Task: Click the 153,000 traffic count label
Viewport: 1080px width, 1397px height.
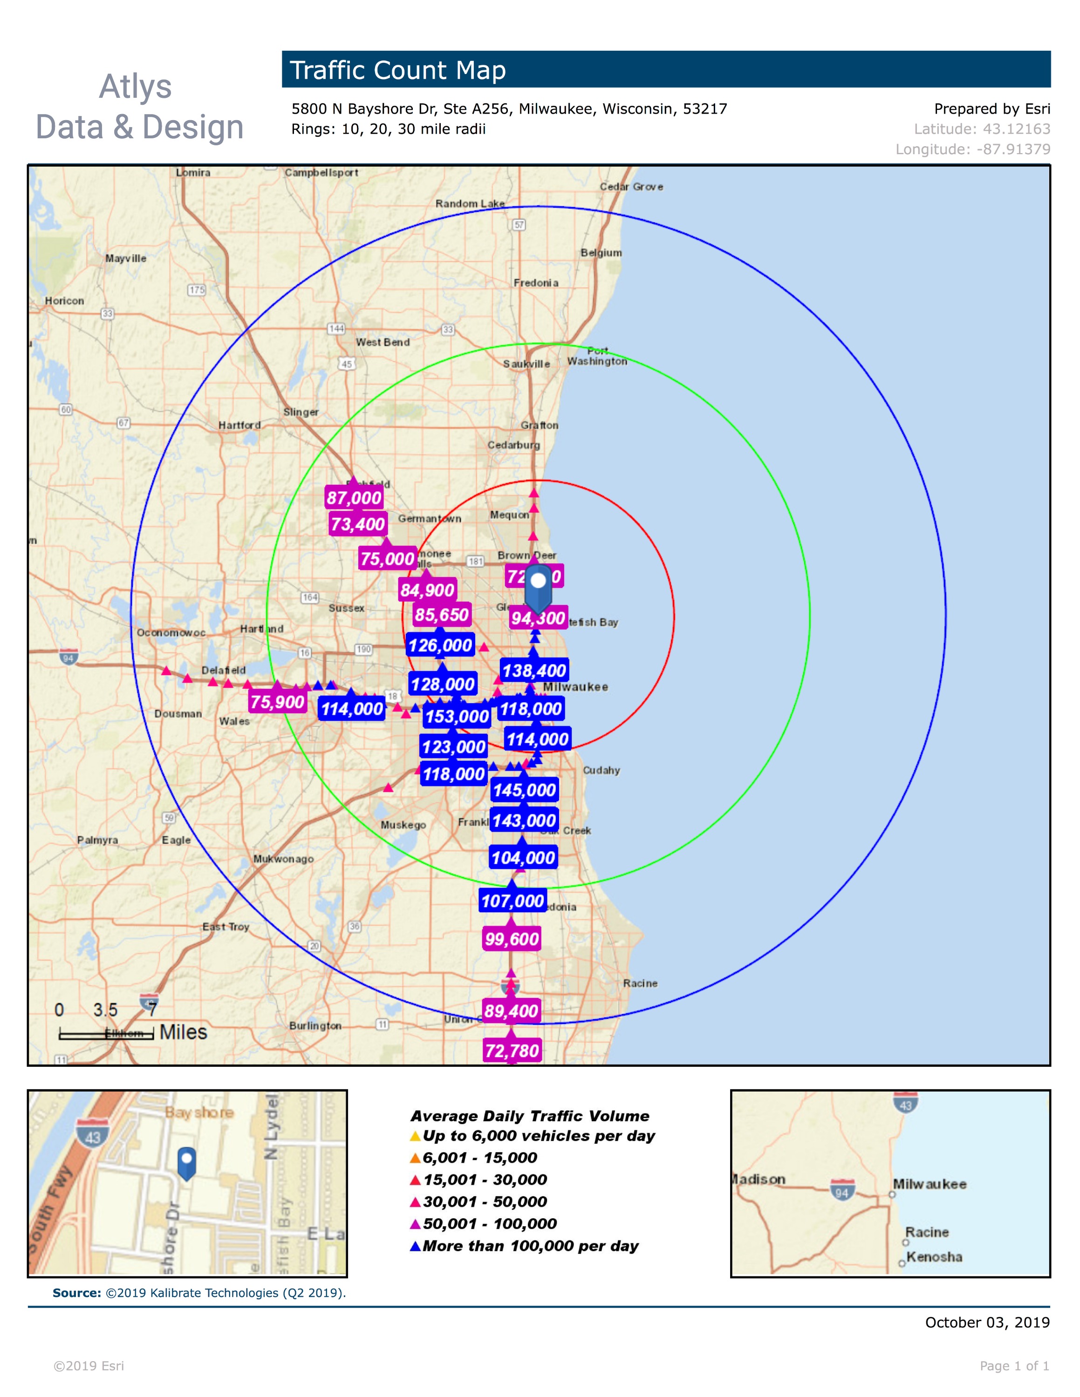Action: [457, 716]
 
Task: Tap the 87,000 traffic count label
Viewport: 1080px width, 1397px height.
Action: [354, 498]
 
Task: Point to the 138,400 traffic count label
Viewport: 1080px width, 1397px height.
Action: [534, 671]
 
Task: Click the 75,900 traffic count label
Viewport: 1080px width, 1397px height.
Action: [277, 702]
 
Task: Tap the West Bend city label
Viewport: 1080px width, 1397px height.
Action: [383, 342]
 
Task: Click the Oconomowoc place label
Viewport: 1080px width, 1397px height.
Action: [171, 633]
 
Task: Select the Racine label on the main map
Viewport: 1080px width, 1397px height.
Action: [640, 983]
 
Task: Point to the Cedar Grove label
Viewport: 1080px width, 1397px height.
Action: [631, 187]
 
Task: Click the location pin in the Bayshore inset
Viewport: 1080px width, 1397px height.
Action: [186, 1162]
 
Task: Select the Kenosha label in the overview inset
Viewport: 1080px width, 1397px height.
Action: [934, 1257]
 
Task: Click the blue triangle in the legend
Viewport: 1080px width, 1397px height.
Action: [415, 1246]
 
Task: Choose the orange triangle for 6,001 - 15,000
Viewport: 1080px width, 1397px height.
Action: [415, 1158]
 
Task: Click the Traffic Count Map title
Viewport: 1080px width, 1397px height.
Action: [397, 70]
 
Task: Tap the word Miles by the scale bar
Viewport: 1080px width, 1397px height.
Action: [183, 1032]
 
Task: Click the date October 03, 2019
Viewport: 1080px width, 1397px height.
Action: [987, 1322]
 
